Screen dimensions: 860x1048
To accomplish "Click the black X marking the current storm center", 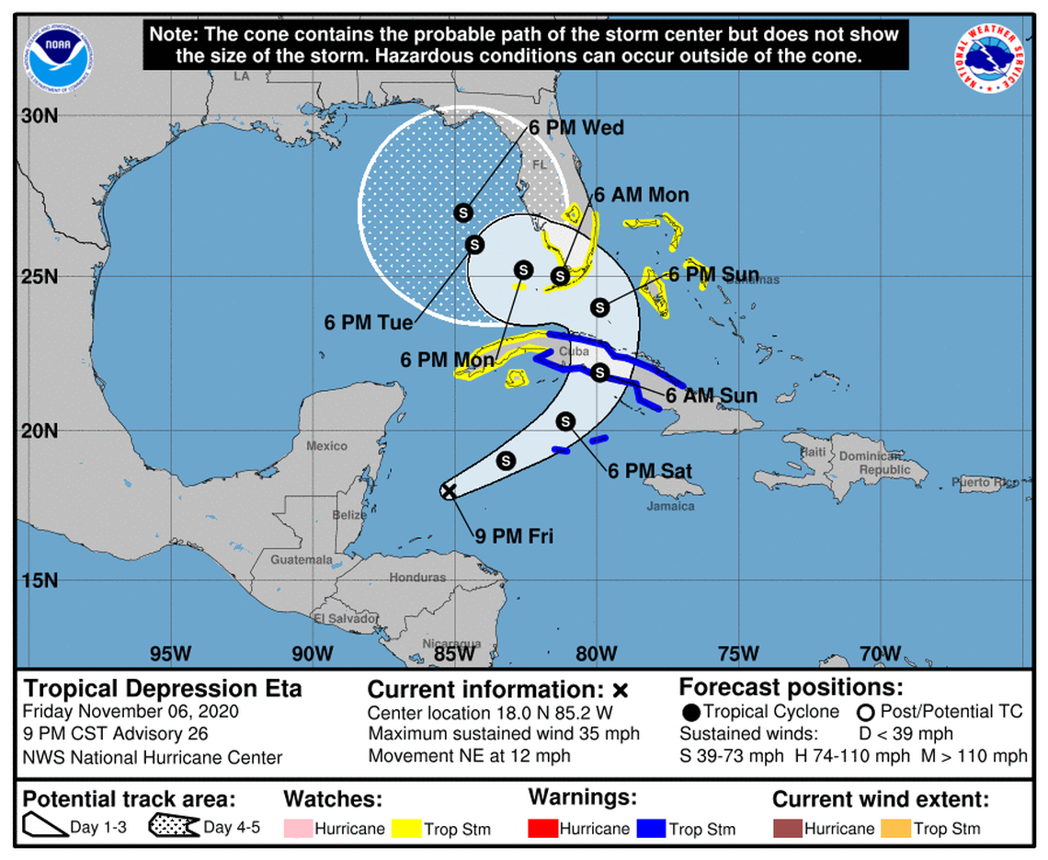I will tap(448, 490).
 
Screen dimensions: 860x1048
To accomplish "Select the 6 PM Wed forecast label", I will tap(575, 128).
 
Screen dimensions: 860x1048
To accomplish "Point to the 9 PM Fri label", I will tap(514, 535).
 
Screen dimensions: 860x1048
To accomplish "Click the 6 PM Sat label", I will tap(649, 471).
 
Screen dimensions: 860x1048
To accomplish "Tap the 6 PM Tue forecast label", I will tap(368, 323).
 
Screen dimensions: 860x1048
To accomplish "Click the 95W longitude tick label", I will tap(170, 654).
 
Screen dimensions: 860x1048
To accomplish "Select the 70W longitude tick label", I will tap(880, 654).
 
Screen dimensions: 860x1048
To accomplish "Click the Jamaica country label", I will tap(671, 506).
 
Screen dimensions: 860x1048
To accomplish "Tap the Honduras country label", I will tap(417, 578).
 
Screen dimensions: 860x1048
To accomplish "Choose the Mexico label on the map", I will tap(326, 446).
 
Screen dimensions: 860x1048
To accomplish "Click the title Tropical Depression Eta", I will tap(163, 689).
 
